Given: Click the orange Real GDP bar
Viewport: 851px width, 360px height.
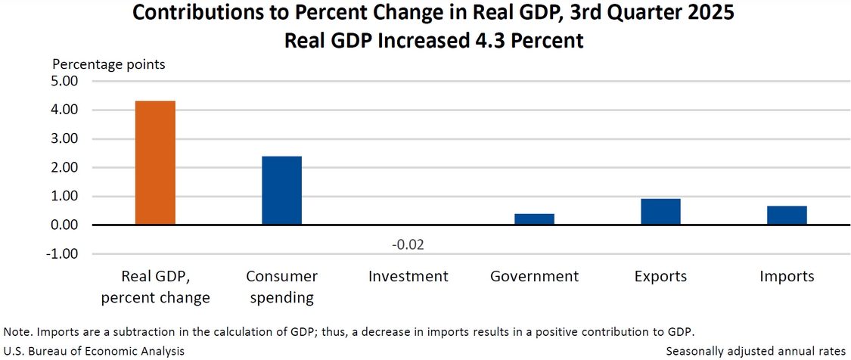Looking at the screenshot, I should click(x=155, y=163).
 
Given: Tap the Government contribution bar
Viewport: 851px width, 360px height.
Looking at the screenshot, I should click(x=534, y=219).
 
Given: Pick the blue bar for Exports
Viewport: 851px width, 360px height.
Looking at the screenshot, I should click(x=660, y=212).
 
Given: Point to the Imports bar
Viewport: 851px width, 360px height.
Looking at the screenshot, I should click(x=787, y=216).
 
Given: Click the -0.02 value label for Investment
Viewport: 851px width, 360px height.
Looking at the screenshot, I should click(x=408, y=246).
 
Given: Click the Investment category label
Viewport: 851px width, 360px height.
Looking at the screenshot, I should click(x=408, y=277).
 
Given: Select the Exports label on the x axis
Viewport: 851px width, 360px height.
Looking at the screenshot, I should click(x=660, y=277).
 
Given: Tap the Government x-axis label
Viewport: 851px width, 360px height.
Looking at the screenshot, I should click(x=534, y=277).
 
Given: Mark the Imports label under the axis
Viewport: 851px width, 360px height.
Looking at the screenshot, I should click(x=787, y=277).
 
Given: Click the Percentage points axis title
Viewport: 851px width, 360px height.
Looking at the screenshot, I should click(x=109, y=64).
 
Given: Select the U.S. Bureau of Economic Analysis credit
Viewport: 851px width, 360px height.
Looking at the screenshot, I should click(x=94, y=351).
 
